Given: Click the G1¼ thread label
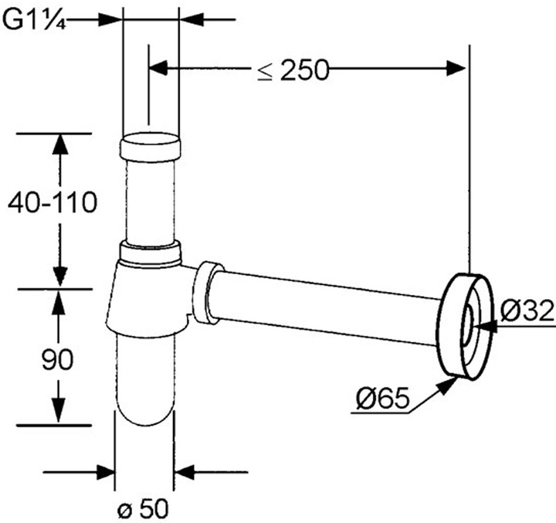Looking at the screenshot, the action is coord(34,21).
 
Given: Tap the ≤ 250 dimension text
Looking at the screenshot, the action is coord(293,70).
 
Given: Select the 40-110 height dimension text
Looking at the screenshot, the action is coord(53,202).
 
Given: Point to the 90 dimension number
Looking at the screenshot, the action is coord(57,359).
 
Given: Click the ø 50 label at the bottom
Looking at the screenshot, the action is coord(143,509).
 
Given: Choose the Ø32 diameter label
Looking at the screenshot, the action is coord(527,311).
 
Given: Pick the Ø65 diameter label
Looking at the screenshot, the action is coord(382,397).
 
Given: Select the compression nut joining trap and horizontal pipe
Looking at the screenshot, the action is coord(208,293).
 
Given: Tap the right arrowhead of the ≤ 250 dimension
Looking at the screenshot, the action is coord(456,68).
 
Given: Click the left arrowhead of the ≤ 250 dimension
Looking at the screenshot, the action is coord(158,67).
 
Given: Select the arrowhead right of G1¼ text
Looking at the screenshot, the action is coord(108,20).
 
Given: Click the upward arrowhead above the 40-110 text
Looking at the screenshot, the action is coord(60,145).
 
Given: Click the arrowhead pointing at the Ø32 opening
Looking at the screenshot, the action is coord(486,327).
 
